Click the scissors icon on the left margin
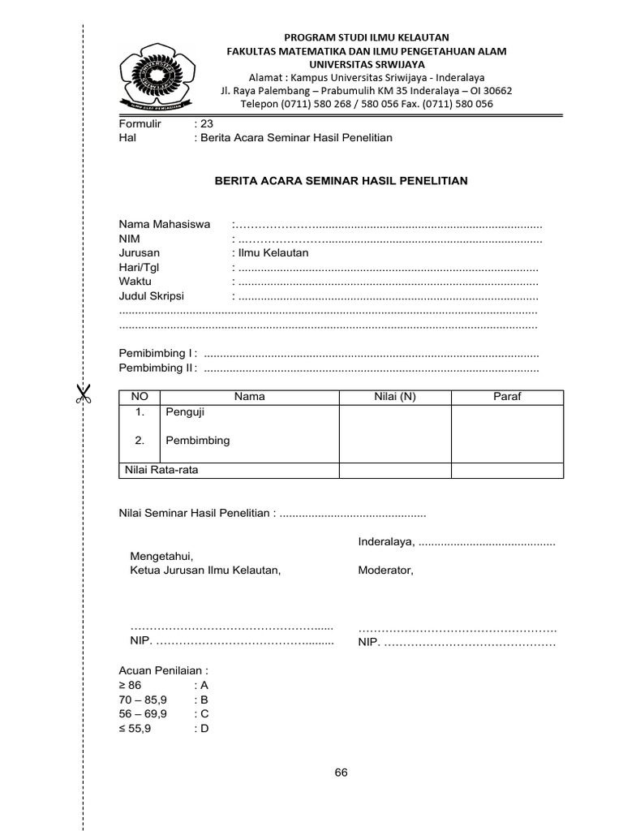[83, 394]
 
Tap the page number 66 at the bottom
[341, 772]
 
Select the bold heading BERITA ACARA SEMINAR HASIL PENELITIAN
[341, 180]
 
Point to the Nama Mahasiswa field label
[165, 224]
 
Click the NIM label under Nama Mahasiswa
[130, 239]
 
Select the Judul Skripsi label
[152, 296]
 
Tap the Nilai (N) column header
[395, 396]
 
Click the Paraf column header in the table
[507, 396]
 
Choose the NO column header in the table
[140, 396]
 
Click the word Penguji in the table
[185, 412]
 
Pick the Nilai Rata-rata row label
[161, 470]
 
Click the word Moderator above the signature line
[385, 571]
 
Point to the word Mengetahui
[161, 557]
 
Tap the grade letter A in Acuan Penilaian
[204, 685]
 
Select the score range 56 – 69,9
[143, 713]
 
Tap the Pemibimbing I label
[157, 354]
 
